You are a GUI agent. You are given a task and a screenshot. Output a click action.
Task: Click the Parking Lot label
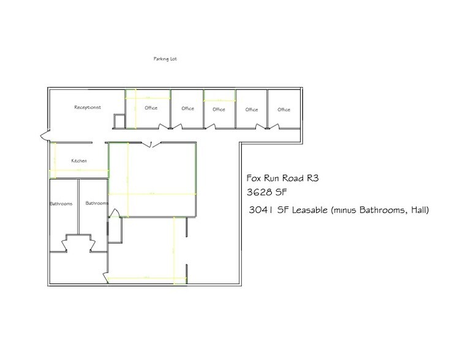point(165,59)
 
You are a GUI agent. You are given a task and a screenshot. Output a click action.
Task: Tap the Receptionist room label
point(87,107)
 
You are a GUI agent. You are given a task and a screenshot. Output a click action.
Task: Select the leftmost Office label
point(151,108)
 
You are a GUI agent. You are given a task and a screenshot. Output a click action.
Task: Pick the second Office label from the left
point(187,109)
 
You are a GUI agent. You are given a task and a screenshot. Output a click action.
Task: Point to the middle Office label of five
point(219,110)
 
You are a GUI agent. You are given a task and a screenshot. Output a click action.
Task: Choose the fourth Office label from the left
point(251,110)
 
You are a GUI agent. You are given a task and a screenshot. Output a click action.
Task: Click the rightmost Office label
point(284,110)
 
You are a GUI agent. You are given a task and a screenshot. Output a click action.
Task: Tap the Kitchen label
point(79,160)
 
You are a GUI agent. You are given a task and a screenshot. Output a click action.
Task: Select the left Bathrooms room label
point(61,203)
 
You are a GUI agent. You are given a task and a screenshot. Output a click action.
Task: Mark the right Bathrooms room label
point(97,203)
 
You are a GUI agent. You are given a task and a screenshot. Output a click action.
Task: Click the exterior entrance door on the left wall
point(42,135)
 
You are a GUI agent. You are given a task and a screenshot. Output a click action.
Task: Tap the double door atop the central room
point(152,144)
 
